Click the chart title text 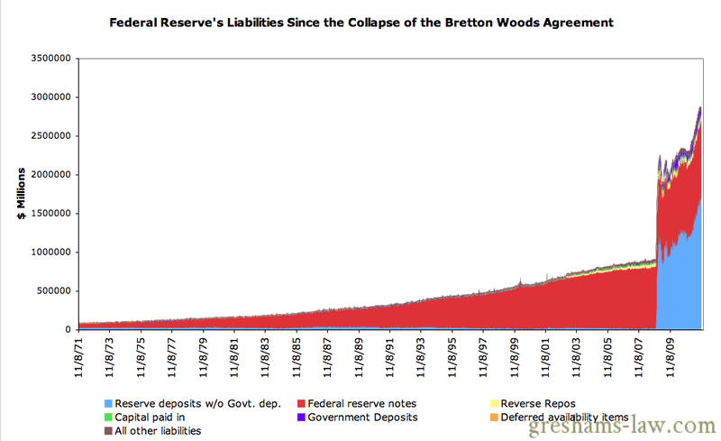click(x=360, y=22)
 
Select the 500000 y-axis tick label click(x=57, y=290)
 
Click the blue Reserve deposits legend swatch click(x=108, y=403)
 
